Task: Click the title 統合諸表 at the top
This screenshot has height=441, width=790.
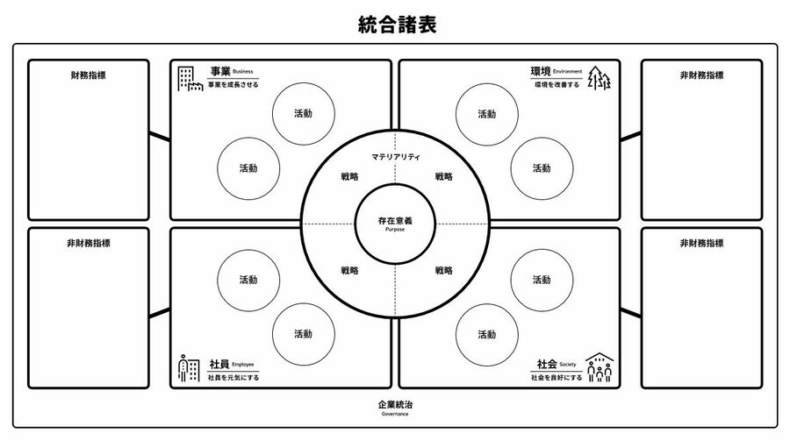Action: pos(397,25)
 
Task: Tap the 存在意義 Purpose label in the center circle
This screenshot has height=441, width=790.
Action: pos(395,224)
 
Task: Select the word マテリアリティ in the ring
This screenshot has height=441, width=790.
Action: pos(396,157)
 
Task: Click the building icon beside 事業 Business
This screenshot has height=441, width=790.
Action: pos(190,79)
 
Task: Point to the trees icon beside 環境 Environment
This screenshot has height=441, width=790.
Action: pos(599,78)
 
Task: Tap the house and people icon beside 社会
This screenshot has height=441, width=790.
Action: pos(600,367)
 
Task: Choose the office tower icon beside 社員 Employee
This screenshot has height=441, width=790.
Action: pos(189,368)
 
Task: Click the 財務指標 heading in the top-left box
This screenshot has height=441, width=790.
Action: pos(88,75)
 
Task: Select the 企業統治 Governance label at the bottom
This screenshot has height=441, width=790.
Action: pos(395,408)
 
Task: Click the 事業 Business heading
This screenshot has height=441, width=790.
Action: pos(232,72)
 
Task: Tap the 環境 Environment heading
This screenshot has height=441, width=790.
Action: pos(557,72)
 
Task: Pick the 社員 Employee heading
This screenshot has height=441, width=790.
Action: pos(232,364)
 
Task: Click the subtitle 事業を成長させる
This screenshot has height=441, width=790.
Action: pos(233,84)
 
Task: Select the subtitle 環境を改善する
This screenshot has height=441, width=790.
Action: pos(557,84)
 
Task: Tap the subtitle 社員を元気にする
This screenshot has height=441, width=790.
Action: pos(233,377)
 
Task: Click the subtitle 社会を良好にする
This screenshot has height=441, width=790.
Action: pos(557,377)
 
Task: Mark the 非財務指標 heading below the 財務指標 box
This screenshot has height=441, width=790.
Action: pos(88,244)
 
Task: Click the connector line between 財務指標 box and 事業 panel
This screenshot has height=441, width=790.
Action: pos(160,137)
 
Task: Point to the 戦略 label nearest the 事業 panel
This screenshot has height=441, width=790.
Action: pos(349,177)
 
